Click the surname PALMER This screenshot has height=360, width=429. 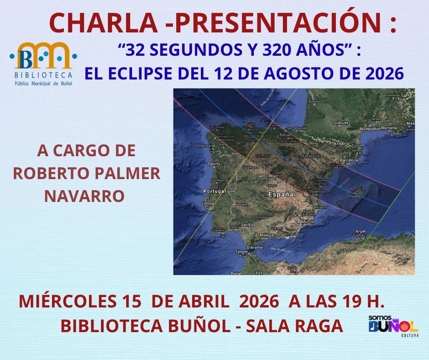[x=133, y=174]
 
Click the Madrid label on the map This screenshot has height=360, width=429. [x=276, y=176]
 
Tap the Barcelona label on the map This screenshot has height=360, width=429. [x=349, y=160]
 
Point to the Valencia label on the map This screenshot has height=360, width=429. [x=317, y=191]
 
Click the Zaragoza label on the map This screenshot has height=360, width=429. [x=311, y=156]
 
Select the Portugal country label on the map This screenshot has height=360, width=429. [x=214, y=191]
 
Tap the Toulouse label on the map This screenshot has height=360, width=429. [x=340, y=123]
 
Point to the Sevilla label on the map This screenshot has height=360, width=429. [x=247, y=224]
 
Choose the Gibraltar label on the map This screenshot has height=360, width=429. [x=255, y=247]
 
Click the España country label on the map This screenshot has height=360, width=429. [x=280, y=194]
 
